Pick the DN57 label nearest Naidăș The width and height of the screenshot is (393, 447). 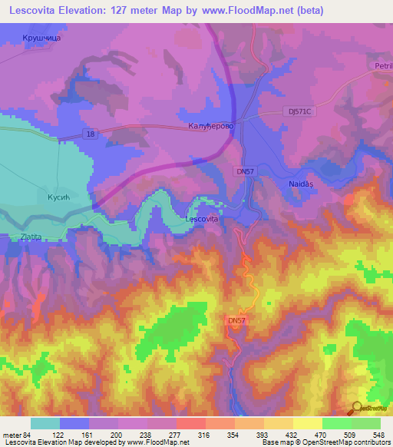click(246, 172)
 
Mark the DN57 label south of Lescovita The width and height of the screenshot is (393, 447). click(238, 320)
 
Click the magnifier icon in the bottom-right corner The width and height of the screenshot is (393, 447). click(357, 408)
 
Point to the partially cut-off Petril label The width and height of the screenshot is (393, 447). click(383, 66)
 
